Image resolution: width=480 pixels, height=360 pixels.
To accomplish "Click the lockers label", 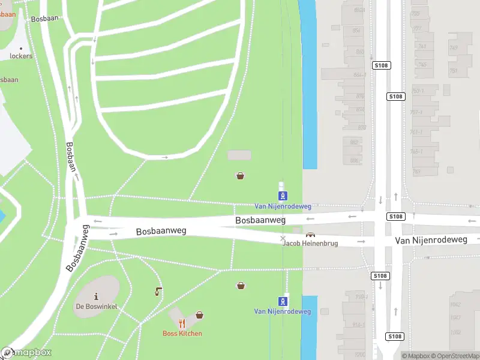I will coord(21,56).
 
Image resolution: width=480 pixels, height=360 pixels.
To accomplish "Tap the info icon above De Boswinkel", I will coord(96,297).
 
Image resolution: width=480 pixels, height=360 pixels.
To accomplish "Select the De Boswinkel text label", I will coord(96,307).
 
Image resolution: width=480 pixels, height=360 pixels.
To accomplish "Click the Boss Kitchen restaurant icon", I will coord(182,324).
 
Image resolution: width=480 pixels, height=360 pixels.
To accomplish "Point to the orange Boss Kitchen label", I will coord(182,334).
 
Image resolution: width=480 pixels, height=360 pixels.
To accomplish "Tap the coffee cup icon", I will coord(158,292).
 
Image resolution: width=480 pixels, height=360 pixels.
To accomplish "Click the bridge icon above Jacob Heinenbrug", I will coord(310,235).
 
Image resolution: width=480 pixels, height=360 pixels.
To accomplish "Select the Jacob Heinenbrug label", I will coord(310,244).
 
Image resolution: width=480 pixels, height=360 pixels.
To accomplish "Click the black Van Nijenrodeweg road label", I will coord(431,240).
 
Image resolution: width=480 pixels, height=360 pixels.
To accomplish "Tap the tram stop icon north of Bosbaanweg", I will coord(283,196).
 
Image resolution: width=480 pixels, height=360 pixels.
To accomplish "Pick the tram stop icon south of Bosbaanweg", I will coord(283,301).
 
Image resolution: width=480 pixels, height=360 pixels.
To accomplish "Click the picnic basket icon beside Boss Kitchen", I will coord(199,315).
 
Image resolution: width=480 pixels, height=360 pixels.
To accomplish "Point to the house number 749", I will coord(454,48).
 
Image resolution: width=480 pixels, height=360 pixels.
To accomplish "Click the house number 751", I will coord(454,71).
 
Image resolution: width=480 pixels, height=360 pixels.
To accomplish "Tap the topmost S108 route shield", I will coord(380,65).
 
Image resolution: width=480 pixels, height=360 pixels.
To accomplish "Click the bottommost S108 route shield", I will coord(394,337).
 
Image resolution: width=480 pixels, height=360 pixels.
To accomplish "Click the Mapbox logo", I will coord(26,353).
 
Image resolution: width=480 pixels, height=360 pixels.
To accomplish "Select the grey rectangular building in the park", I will coord(239,155).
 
